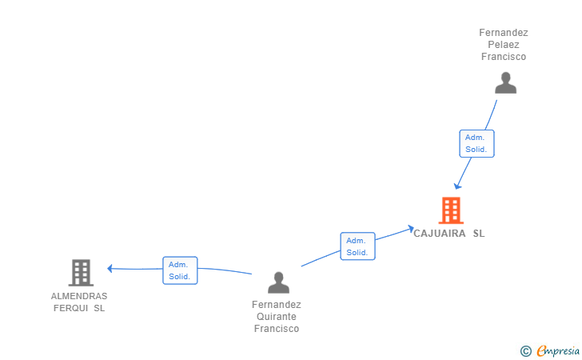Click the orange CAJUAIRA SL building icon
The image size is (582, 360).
click(451, 210)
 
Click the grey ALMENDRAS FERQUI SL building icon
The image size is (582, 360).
click(80, 273)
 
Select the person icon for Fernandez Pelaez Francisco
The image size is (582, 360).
click(505, 83)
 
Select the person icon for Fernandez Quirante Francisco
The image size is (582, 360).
click(278, 282)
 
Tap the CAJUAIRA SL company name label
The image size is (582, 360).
click(448, 234)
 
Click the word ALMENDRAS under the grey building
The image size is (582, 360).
click(79, 296)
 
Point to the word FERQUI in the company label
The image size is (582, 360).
click(70, 308)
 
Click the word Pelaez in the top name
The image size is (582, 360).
click(504, 45)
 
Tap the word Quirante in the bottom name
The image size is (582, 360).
click(276, 317)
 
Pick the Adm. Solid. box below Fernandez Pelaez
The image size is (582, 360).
click(476, 143)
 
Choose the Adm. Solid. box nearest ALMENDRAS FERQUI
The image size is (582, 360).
click(179, 270)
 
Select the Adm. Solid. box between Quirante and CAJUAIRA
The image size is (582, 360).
click(357, 246)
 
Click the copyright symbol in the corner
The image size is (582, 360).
click(525, 350)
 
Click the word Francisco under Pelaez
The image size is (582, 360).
click(504, 57)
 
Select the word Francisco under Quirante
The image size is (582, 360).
click(276, 329)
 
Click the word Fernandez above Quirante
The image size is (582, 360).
click(276, 305)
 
